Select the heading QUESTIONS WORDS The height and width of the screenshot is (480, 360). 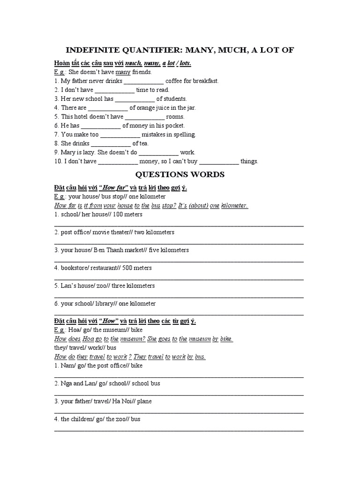[180, 175]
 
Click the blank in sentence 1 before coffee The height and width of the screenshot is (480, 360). [144, 81]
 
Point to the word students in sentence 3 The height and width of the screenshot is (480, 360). [175, 99]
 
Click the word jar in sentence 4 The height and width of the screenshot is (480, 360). [190, 108]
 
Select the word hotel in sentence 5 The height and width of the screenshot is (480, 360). [84, 117]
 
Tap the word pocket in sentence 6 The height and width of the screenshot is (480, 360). [174, 126]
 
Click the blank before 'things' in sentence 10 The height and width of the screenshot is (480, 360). [219, 162]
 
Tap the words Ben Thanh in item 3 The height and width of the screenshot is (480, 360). [109, 250]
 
